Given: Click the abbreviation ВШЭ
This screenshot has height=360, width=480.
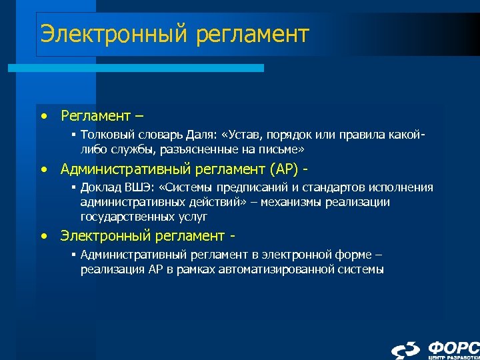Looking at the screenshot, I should tap(134, 188).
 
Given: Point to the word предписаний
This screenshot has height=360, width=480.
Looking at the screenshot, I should tap(244, 188).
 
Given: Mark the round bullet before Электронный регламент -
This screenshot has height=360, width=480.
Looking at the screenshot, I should tap(43, 236).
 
